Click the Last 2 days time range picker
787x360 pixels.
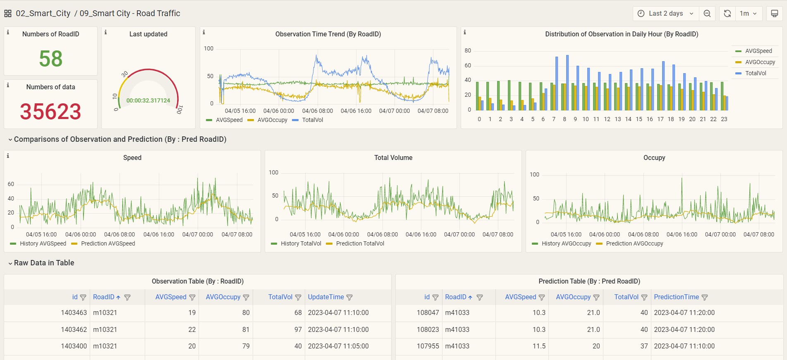click(665, 13)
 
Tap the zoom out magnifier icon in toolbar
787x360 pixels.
click(707, 13)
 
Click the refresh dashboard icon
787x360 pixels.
click(727, 13)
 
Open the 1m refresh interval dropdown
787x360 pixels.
click(748, 13)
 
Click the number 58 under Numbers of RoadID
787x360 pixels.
click(50, 58)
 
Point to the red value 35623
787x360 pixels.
click(50, 111)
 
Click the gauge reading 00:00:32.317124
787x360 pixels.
click(148, 100)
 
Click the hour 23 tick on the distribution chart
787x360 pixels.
click(724, 119)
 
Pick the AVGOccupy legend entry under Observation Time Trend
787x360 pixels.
click(268, 120)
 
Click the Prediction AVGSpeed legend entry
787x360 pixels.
click(103, 243)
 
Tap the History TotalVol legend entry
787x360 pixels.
click(296, 243)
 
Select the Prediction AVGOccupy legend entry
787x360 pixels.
click(630, 243)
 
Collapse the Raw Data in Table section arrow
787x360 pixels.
click(10, 263)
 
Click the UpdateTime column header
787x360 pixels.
click(326, 297)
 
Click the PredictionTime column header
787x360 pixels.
click(676, 297)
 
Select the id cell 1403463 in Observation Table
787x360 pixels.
click(74, 312)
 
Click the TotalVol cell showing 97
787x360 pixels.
click(298, 329)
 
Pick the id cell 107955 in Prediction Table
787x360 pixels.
click(428, 346)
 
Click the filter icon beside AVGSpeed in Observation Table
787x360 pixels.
click(192, 297)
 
